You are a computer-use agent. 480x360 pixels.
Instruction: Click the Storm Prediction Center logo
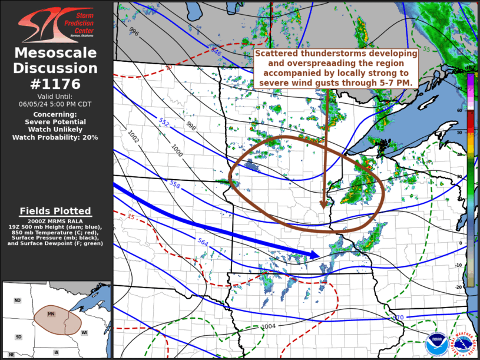(x=57, y=24)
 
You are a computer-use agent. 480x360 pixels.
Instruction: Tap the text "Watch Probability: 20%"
(x=55, y=137)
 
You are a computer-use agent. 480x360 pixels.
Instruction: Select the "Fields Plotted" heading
(x=55, y=211)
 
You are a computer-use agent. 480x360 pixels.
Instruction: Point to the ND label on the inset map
(x=18, y=301)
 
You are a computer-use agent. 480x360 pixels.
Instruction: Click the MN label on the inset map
(x=51, y=313)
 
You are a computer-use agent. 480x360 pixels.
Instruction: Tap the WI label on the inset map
(x=85, y=333)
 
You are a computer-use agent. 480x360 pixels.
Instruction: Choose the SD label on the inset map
(x=18, y=336)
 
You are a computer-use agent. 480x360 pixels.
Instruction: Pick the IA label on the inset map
(x=57, y=352)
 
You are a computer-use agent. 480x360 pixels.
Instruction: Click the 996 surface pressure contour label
(x=134, y=32)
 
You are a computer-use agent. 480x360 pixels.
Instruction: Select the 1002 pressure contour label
(x=133, y=137)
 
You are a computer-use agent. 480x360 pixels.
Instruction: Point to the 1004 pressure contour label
(x=268, y=326)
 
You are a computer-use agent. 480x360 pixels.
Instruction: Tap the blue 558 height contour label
(x=174, y=184)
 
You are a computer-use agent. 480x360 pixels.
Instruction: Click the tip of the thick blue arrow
(x=319, y=255)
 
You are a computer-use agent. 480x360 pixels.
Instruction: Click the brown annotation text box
(x=336, y=68)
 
